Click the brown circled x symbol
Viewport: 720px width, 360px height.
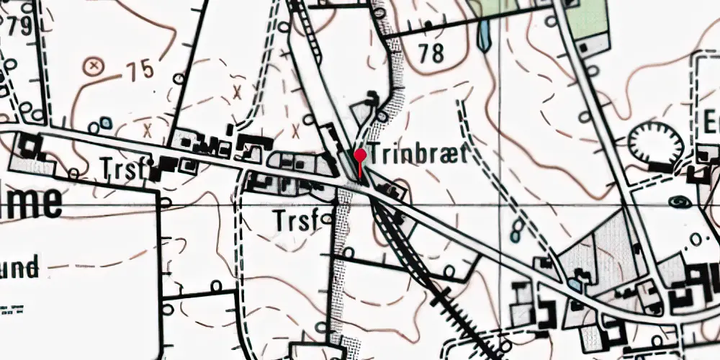[x=93, y=67]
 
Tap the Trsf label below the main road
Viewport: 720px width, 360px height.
[x=295, y=220]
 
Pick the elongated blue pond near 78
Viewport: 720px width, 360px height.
[x=484, y=32]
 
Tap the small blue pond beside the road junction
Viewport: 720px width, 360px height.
[x=574, y=283]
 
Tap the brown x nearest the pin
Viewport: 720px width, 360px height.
[x=297, y=131]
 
